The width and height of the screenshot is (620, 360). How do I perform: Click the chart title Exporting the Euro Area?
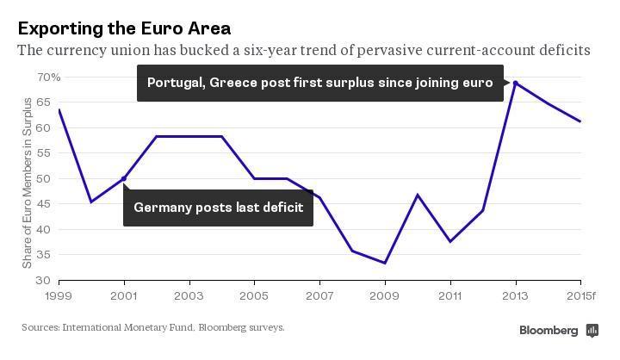pos(124,28)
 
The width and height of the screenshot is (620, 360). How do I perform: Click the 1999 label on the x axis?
pos(59,295)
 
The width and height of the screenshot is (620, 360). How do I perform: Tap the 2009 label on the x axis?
pos(385,295)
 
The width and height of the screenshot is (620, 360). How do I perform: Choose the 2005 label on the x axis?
pos(254,295)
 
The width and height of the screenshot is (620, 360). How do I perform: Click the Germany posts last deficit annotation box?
pos(219,208)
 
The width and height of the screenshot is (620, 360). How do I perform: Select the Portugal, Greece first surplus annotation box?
pos(319,84)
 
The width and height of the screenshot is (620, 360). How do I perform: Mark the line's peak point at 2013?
pos(515,83)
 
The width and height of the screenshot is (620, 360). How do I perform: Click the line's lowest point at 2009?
pos(385,264)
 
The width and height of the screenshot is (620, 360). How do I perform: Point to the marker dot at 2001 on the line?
pos(124,179)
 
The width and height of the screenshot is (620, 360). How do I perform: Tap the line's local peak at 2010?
pos(418,196)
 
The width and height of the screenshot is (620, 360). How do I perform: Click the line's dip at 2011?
pos(450,241)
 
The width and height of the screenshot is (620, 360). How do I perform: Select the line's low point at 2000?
pos(91,202)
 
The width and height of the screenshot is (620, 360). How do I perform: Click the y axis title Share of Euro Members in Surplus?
pos(28,183)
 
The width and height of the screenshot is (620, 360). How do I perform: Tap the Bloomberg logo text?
pos(549,331)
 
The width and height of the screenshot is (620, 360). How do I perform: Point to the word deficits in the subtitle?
pos(564,51)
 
